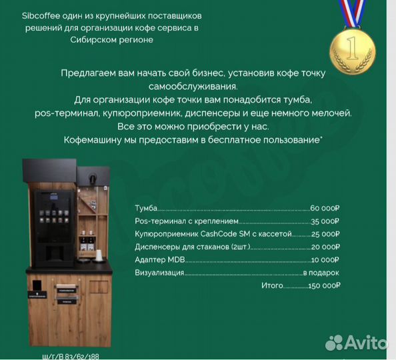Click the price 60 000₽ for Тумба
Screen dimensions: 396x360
click(325, 209)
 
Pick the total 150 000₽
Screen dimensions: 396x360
click(323, 285)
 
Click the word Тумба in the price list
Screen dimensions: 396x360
click(147, 209)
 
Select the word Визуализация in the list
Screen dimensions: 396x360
click(159, 273)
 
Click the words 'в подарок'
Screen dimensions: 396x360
click(321, 273)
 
